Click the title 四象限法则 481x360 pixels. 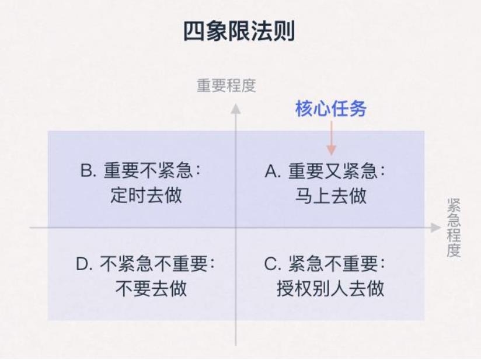[239, 31]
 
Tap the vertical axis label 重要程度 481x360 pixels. [226, 86]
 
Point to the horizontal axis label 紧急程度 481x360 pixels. [454, 228]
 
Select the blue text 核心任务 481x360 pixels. [331, 109]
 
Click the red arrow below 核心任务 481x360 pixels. [332, 138]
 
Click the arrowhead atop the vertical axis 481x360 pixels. [236, 109]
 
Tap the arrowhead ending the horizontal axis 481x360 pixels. [435, 228]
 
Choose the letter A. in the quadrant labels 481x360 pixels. [273, 171]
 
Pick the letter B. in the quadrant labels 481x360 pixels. [88, 170]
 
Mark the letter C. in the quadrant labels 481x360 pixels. [273, 264]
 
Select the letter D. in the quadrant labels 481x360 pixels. [84, 264]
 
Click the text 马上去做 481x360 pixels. [330, 195]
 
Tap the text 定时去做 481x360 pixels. [146, 195]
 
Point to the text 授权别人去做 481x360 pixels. [330, 289]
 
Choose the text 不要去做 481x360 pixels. [151, 288]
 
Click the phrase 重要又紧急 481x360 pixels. [333, 171]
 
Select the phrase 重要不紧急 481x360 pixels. [148, 170]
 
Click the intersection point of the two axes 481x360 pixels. [236, 228]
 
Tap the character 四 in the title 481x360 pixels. [194, 32]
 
